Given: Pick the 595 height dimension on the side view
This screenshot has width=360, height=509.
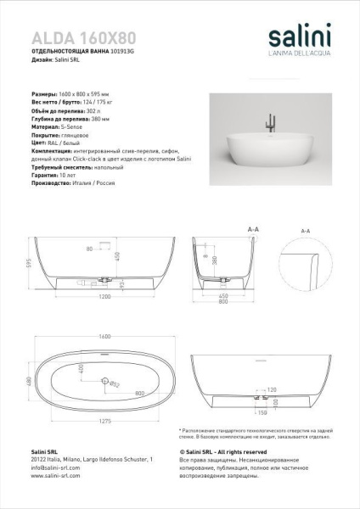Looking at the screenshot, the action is (27, 262).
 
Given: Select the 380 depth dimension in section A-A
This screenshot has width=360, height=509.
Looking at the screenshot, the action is (216, 260).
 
